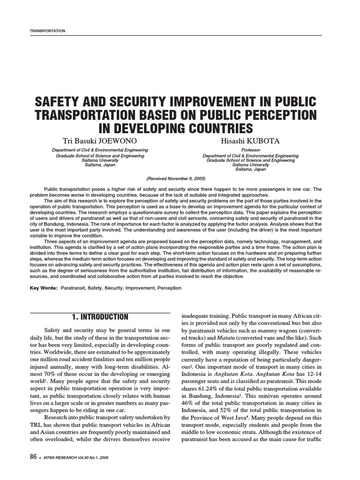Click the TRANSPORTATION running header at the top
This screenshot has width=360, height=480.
pyautogui.click(x=47, y=30)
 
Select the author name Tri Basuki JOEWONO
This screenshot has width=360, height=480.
pyautogui.click(x=100, y=141)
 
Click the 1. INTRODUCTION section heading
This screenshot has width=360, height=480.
pyautogui.click(x=100, y=317)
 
